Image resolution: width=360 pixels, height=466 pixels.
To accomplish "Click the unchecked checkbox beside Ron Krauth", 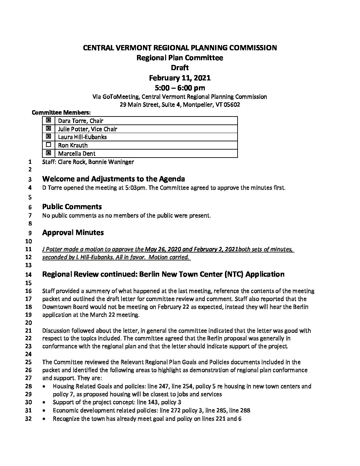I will pos(49,145).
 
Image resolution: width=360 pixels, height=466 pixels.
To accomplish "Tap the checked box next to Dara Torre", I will pos(49,120).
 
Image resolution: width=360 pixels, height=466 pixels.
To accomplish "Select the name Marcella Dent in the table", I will pos(77,153).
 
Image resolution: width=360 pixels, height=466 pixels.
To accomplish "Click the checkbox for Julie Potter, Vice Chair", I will pos(49,128).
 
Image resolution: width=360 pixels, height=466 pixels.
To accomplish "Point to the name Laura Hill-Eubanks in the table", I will pos(82,137).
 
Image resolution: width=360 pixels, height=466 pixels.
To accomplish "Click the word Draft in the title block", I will pos(180,68).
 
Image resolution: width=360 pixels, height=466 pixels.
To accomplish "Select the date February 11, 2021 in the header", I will pos(180,78).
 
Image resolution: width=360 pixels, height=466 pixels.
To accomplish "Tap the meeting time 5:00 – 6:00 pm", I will pos(180,88).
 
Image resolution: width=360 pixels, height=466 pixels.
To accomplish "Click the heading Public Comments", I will pos(72,207).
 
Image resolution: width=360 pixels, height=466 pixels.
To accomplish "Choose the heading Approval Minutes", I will pos(73,232).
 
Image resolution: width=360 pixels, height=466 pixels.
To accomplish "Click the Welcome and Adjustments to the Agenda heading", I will pos(113,179).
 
